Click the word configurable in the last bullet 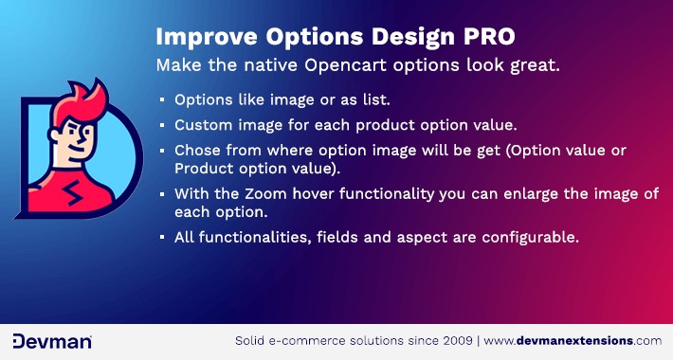click(532, 236)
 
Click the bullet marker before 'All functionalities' click(162, 237)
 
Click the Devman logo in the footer click(51, 340)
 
